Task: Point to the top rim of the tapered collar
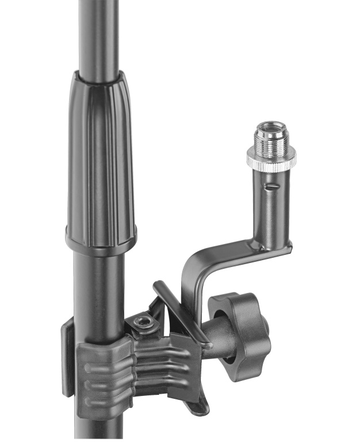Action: (x=98, y=75)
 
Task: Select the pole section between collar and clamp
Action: (x=99, y=282)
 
